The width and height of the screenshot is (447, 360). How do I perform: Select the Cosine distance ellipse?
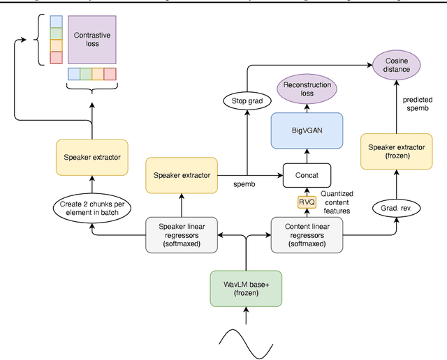tap(396, 65)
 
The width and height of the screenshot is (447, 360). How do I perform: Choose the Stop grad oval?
tap(246, 102)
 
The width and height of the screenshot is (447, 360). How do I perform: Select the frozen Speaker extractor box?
tap(396, 151)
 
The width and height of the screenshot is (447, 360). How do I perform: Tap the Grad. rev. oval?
tap(396, 207)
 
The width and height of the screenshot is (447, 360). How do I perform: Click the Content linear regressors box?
tap(307, 234)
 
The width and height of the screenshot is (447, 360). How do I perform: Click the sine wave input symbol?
tap(246, 338)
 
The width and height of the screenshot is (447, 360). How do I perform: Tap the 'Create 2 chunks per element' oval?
tap(91, 207)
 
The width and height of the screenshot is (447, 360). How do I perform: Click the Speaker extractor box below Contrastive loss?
tap(91, 157)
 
